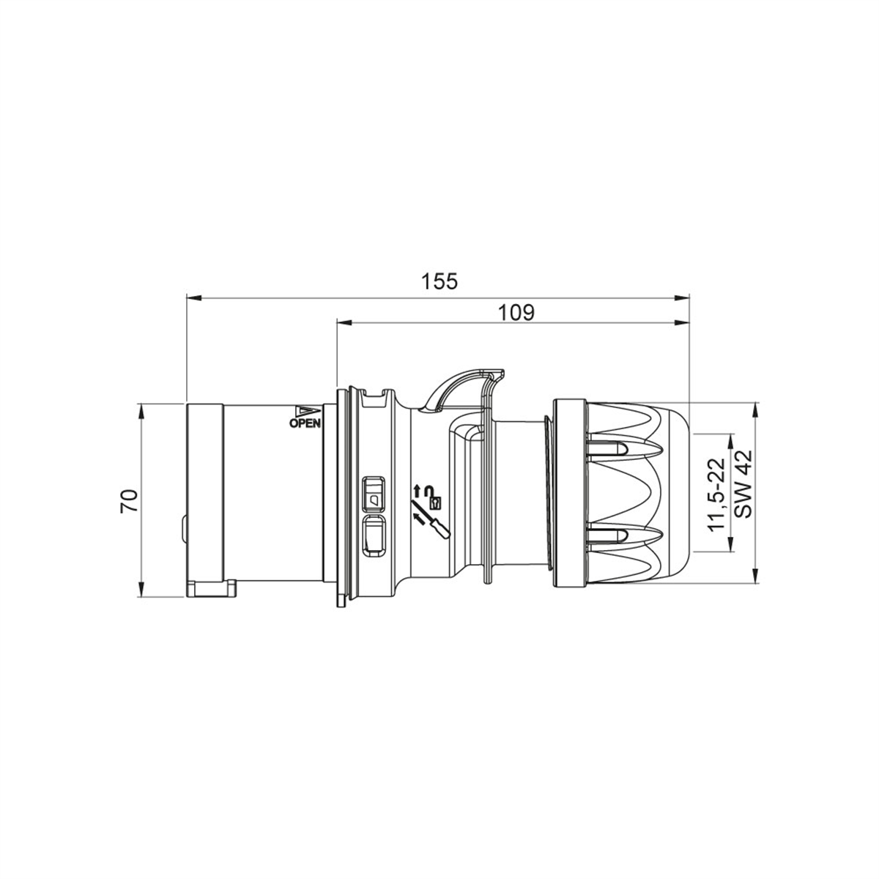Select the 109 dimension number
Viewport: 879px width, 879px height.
coord(517,312)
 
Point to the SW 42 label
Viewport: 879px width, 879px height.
coord(743,485)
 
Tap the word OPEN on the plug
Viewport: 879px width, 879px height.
coord(305,423)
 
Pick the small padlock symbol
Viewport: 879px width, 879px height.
coord(436,502)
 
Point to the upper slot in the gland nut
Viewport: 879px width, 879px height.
coord(607,449)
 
